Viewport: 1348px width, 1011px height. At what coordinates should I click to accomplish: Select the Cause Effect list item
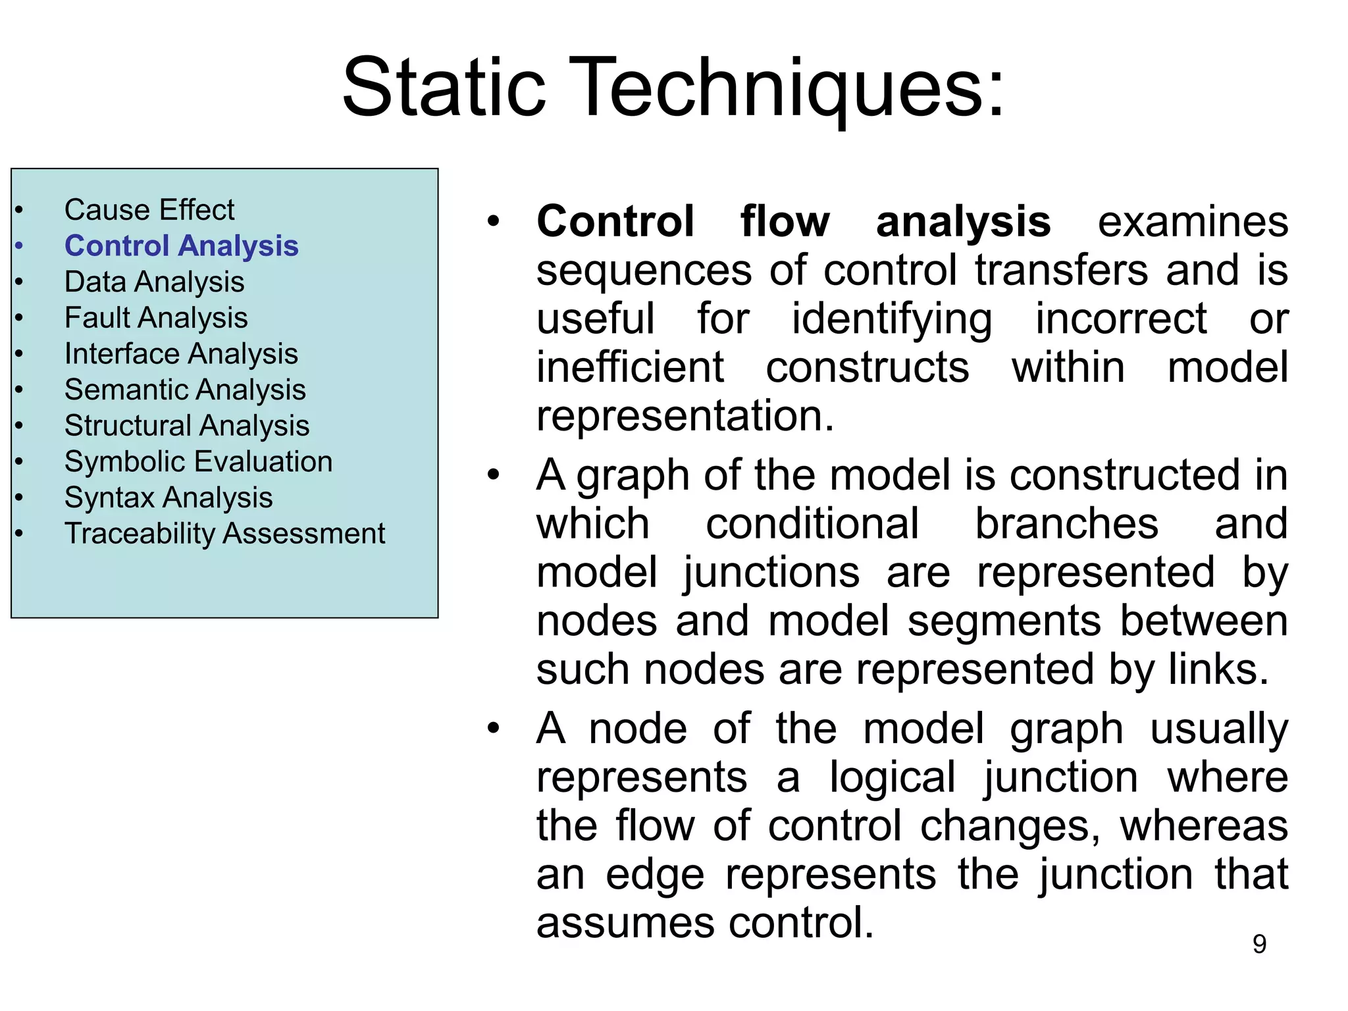(149, 210)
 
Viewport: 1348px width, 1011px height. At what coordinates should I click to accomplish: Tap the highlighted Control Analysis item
(181, 246)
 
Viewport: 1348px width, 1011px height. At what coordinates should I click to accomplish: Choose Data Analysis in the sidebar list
(154, 282)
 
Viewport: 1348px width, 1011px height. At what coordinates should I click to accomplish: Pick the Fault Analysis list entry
(156, 318)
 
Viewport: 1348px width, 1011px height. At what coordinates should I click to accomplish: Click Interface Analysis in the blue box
(181, 353)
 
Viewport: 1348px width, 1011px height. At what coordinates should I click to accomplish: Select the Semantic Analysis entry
(185, 390)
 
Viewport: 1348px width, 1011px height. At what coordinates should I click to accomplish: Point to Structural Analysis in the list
(187, 426)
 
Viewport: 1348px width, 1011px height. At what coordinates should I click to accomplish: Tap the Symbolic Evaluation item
(198, 461)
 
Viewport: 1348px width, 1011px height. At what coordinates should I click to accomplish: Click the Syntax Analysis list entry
(168, 498)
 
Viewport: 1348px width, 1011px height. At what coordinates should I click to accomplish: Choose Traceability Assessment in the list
(224, 533)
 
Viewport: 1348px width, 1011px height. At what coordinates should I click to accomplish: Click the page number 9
(1259, 944)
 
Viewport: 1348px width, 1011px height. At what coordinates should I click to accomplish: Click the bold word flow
(785, 221)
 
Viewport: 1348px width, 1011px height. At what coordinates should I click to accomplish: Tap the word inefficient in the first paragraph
(630, 367)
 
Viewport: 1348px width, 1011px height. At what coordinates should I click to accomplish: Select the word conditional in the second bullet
(812, 524)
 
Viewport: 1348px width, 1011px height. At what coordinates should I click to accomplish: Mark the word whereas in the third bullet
(1204, 826)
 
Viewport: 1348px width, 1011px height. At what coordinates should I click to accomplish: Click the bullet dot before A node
(494, 729)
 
